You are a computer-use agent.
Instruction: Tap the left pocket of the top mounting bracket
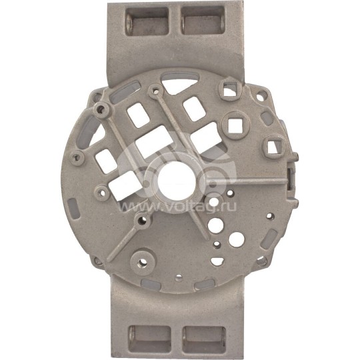click(x=147, y=21)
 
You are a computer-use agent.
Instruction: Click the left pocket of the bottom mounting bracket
click(x=149, y=339)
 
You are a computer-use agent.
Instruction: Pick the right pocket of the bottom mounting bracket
click(x=204, y=340)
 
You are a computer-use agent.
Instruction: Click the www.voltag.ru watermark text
click(x=177, y=207)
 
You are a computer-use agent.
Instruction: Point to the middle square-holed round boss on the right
click(x=234, y=125)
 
